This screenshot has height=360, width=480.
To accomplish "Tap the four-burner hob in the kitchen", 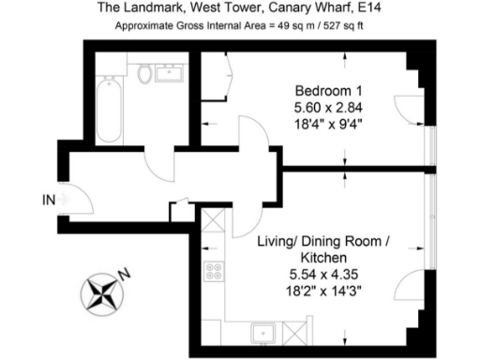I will click(214, 273).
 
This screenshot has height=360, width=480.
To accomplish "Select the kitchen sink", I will click(262, 332).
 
